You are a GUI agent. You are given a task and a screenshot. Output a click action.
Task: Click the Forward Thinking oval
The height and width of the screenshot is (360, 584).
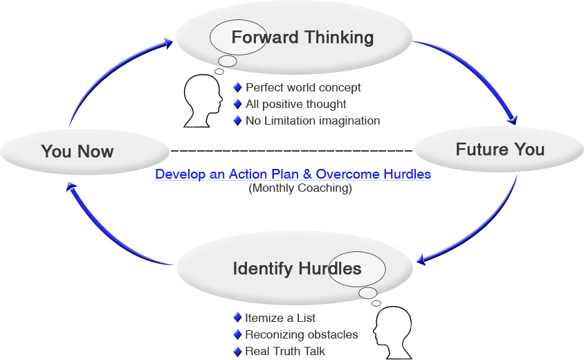pyautogui.click(x=302, y=37)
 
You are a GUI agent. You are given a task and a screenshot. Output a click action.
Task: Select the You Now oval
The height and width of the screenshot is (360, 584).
pyautogui.click(x=77, y=151)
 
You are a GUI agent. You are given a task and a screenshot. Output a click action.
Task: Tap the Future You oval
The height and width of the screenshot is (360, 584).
pyautogui.click(x=500, y=150)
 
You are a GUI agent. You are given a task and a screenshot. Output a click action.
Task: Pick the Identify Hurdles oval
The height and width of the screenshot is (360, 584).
pyautogui.click(x=297, y=268)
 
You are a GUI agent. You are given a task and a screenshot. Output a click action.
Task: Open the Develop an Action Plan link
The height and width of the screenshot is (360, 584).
pyautogui.click(x=293, y=174)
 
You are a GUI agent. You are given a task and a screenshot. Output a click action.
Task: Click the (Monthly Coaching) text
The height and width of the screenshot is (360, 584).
pyautogui.click(x=300, y=188)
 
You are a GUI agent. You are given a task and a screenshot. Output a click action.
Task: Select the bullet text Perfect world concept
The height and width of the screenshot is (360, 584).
pyautogui.click(x=303, y=88)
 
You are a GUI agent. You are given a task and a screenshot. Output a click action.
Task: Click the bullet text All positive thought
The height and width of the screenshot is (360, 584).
pyautogui.click(x=295, y=104)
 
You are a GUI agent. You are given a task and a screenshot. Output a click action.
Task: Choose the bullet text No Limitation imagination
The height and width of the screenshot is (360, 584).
pyautogui.click(x=313, y=120)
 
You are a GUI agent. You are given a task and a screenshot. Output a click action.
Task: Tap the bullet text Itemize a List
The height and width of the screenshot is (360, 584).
pyautogui.click(x=280, y=318)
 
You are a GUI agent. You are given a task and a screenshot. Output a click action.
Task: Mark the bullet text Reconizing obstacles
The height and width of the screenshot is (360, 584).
pyautogui.click(x=301, y=334)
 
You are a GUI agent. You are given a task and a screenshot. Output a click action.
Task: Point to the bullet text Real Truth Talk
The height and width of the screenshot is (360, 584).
pyautogui.click(x=284, y=351)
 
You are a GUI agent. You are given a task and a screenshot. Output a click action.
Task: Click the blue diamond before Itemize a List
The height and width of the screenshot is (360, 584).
pyautogui.click(x=237, y=318)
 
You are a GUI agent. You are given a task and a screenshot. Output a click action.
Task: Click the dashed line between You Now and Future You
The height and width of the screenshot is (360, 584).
pyautogui.click(x=291, y=150)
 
